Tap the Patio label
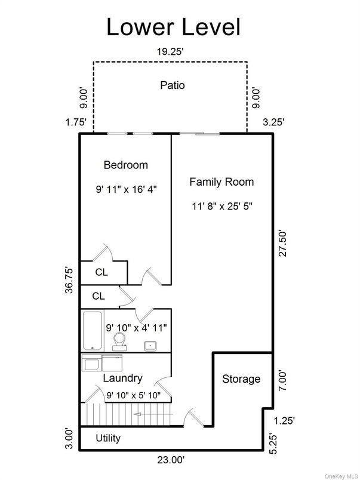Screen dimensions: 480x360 click(x=172, y=85)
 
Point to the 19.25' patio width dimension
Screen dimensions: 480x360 click(x=170, y=52)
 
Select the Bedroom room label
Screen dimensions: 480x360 click(x=125, y=165)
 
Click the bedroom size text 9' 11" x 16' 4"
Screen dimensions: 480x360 click(x=125, y=189)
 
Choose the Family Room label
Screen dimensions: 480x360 click(x=221, y=182)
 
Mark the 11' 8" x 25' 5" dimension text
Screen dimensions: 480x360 click(x=221, y=207)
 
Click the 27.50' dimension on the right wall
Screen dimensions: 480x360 click(x=283, y=244)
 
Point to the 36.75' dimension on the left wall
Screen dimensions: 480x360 click(x=70, y=279)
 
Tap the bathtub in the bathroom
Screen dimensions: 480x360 click(x=91, y=331)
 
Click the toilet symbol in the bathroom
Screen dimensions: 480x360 click(x=119, y=341)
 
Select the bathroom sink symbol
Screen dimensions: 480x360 click(x=150, y=344)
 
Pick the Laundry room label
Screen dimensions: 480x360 click(x=122, y=378)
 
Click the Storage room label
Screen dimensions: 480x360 click(x=241, y=379)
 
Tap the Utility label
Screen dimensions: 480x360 click(x=108, y=438)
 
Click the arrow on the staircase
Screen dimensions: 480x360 click(x=153, y=413)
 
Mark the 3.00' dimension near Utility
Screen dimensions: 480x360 click(x=70, y=438)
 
